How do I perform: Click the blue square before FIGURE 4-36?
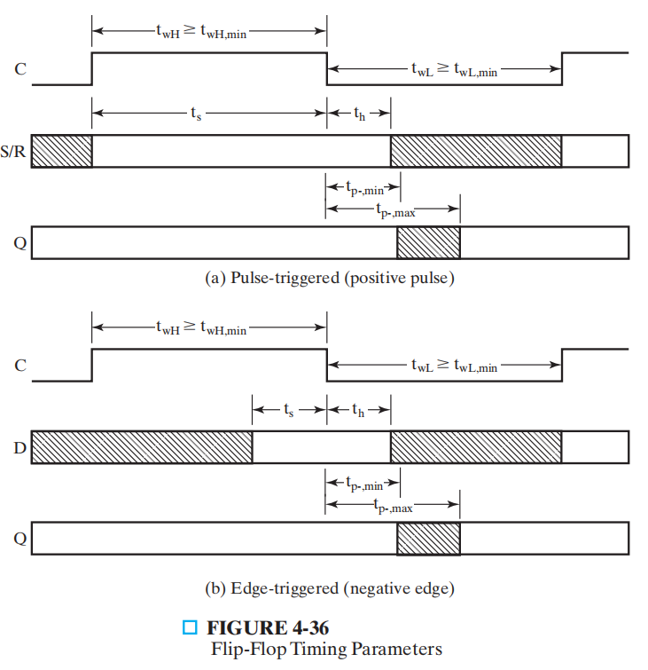coord(188,628)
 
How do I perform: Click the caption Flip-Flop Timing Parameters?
coord(326,649)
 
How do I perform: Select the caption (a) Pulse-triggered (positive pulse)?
coord(330,279)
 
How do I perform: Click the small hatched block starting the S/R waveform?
coord(62,151)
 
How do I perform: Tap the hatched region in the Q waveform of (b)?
coord(428,538)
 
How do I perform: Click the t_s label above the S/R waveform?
coord(196,114)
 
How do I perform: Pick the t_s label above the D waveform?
coord(289,410)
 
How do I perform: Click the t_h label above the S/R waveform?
coord(359,114)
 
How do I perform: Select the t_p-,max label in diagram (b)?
coord(393,507)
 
